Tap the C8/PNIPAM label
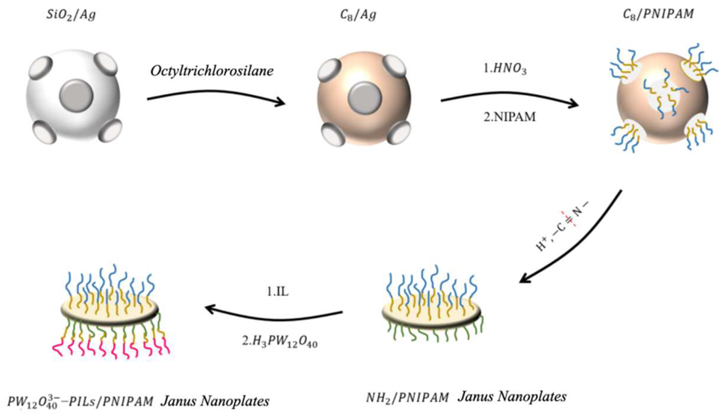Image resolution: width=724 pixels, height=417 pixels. coord(658,14)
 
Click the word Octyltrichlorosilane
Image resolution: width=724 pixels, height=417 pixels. coord(212,71)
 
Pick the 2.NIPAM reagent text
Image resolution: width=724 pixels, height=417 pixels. coord(509,117)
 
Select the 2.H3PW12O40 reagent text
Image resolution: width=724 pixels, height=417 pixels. coord(280,342)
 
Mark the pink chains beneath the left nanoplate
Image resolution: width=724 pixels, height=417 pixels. coord(112,350)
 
